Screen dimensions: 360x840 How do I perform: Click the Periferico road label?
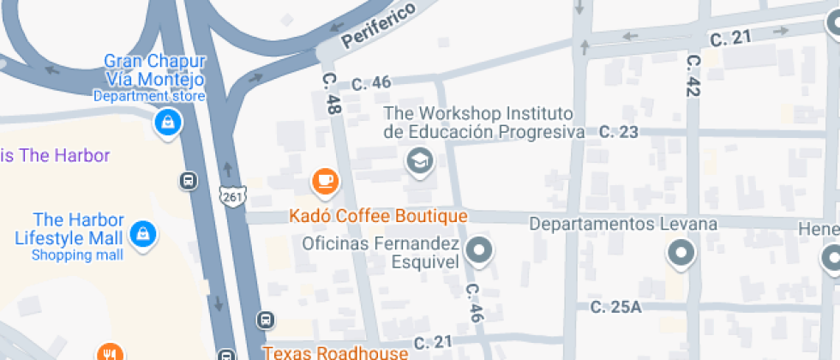click(378, 26)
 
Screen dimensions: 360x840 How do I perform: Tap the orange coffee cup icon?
click(325, 180)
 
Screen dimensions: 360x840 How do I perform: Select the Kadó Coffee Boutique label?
click(378, 215)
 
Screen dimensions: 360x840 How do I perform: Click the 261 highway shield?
click(231, 196)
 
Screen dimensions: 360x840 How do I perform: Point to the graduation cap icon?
click(419, 159)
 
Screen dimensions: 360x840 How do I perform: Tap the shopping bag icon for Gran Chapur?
click(167, 122)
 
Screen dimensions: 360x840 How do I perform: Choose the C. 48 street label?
click(330, 93)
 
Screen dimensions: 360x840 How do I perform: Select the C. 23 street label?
click(618, 132)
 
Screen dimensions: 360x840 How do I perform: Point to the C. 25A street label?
click(615, 307)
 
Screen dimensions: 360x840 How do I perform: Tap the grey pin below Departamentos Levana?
click(681, 253)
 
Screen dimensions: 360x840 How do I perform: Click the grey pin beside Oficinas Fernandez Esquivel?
click(480, 250)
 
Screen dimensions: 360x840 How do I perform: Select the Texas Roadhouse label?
click(335, 352)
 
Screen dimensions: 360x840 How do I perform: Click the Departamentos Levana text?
click(622, 224)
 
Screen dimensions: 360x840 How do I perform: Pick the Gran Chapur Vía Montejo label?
click(154, 69)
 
